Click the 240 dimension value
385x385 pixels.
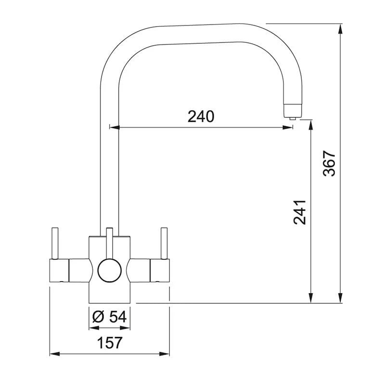coord(201,116)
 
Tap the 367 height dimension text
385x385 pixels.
coord(329,164)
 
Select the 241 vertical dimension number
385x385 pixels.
coord(299,212)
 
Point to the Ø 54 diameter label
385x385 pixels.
coord(109,316)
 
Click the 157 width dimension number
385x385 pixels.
coord(110,343)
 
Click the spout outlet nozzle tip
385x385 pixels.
coord(292,115)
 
